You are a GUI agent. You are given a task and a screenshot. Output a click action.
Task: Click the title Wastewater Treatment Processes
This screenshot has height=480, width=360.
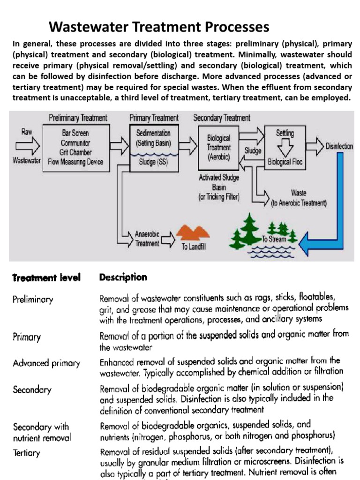159,26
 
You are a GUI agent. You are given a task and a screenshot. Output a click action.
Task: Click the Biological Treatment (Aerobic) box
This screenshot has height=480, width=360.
218,146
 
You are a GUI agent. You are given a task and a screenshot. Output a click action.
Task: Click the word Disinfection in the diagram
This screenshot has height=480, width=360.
339,146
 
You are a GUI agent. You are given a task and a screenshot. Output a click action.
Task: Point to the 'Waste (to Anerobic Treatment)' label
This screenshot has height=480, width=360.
299,198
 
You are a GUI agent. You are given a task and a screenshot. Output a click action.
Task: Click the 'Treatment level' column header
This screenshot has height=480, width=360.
46,278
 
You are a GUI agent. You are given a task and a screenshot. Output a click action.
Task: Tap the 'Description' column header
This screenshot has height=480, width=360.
123,277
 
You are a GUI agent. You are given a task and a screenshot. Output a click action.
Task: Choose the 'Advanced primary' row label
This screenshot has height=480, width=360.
46,363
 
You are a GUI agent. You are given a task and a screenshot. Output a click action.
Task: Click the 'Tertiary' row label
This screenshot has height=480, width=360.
27,453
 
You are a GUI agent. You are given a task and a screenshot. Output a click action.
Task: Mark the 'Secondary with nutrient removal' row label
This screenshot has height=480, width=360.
42,432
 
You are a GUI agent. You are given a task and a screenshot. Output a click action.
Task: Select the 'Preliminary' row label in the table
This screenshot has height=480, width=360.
33,300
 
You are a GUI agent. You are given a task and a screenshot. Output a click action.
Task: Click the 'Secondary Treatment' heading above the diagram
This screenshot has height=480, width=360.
222,118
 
